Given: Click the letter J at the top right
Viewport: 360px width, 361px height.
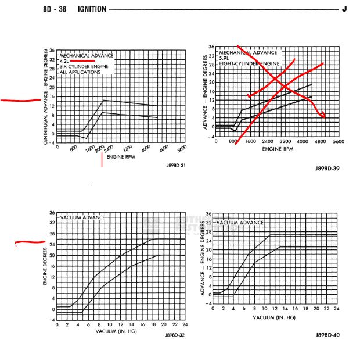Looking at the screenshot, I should click(344, 9).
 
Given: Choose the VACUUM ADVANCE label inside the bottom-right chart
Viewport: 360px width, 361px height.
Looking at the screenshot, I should click(239, 223).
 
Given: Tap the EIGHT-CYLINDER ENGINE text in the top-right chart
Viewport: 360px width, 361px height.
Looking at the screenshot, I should click(249, 63).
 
